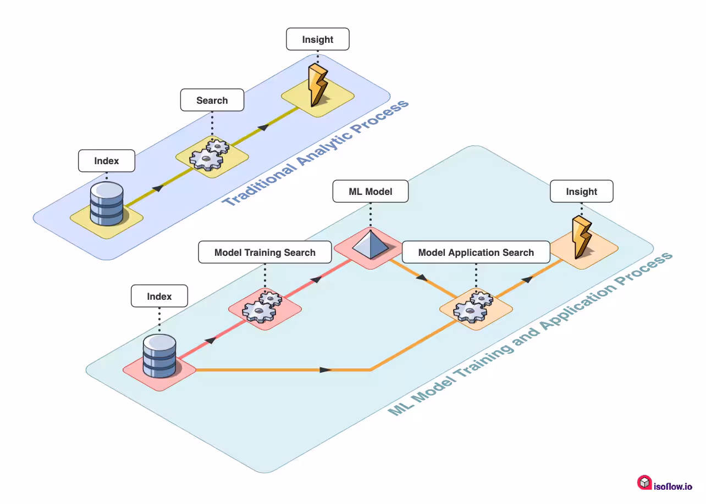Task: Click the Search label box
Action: coord(212,100)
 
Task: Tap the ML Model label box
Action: coord(371,192)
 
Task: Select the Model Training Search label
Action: coord(265,253)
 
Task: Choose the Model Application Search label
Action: coord(476,253)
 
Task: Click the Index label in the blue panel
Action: coord(107,161)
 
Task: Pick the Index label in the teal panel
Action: coord(159,296)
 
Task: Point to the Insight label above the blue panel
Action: coord(318,40)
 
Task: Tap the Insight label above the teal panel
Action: coord(581,192)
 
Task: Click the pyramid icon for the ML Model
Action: coord(370,245)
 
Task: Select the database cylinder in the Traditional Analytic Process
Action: coord(107,203)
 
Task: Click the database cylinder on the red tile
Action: coord(159,356)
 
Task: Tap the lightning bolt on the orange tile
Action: coord(581,237)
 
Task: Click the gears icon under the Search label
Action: coord(209,154)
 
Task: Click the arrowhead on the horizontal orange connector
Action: coord(326,369)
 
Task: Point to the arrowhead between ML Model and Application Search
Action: coord(422,278)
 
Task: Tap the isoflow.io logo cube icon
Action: coord(644,483)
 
